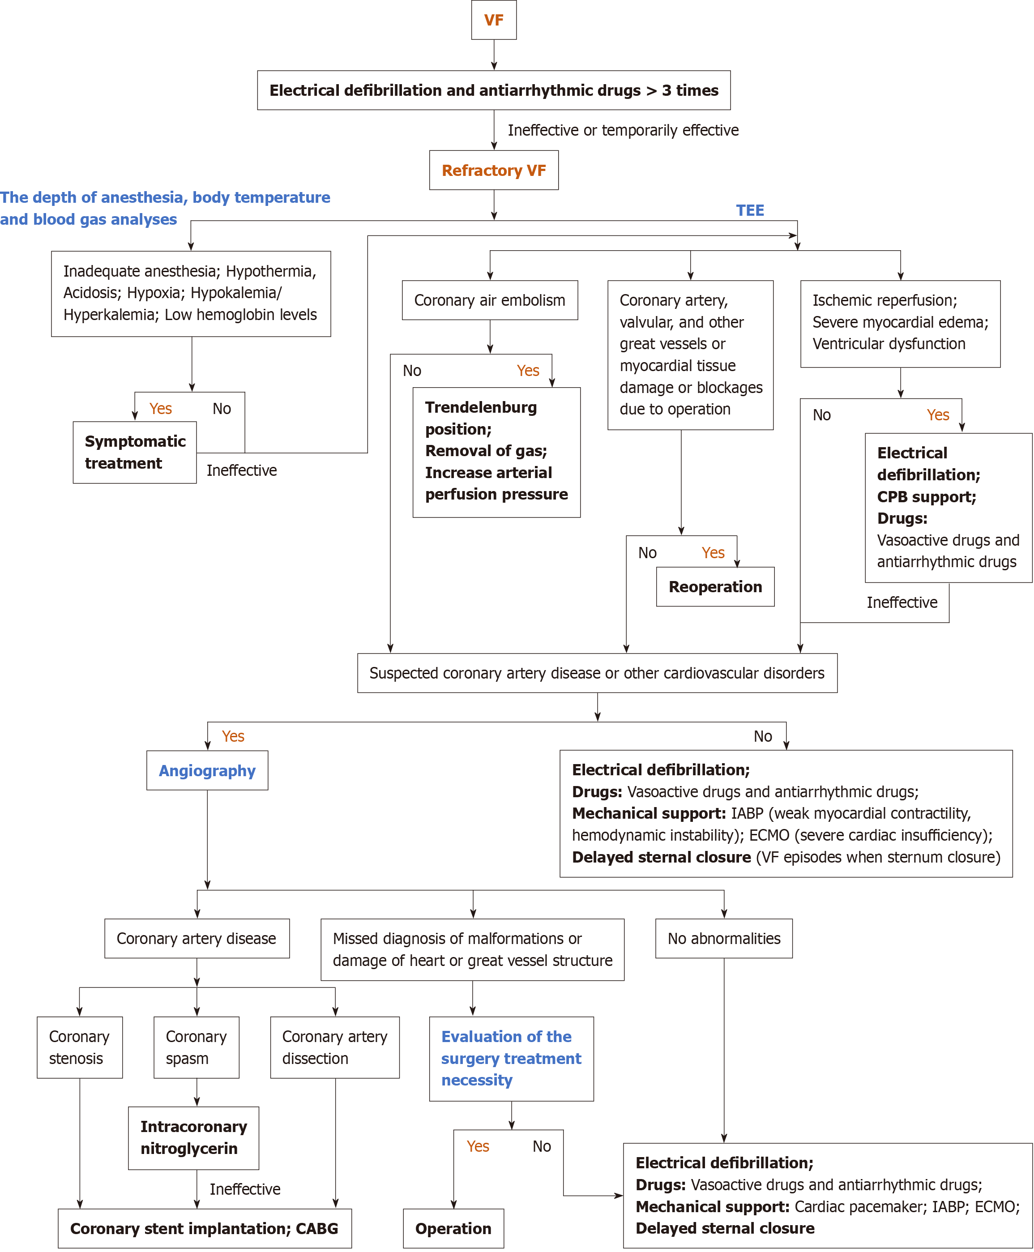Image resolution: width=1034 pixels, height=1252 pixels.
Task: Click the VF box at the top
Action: coord(493,20)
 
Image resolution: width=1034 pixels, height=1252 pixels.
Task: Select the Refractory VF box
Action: coord(493,171)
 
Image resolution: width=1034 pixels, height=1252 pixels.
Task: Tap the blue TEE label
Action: coord(749,210)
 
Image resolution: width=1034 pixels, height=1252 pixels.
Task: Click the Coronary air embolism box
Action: coord(490,300)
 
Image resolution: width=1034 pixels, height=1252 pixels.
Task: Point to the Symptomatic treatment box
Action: coord(135,452)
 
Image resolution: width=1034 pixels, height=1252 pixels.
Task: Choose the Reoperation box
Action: coord(715,587)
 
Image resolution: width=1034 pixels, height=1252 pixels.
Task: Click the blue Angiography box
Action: coord(207,770)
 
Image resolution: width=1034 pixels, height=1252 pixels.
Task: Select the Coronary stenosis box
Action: coord(79,1047)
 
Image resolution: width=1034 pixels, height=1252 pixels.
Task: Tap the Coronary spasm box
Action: coord(196,1047)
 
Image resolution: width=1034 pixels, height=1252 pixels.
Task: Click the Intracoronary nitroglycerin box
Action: coord(193,1138)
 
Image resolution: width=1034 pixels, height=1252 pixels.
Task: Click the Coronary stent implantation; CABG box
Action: coord(204,1228)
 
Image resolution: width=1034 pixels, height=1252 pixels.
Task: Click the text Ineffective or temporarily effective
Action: coord(623,130)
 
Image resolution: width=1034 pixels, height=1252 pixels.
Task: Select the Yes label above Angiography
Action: coord(233,736)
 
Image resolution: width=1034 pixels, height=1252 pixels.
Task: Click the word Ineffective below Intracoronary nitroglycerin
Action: coord(245,1189)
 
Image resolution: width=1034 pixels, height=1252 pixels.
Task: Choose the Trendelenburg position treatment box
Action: coord(496,452)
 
